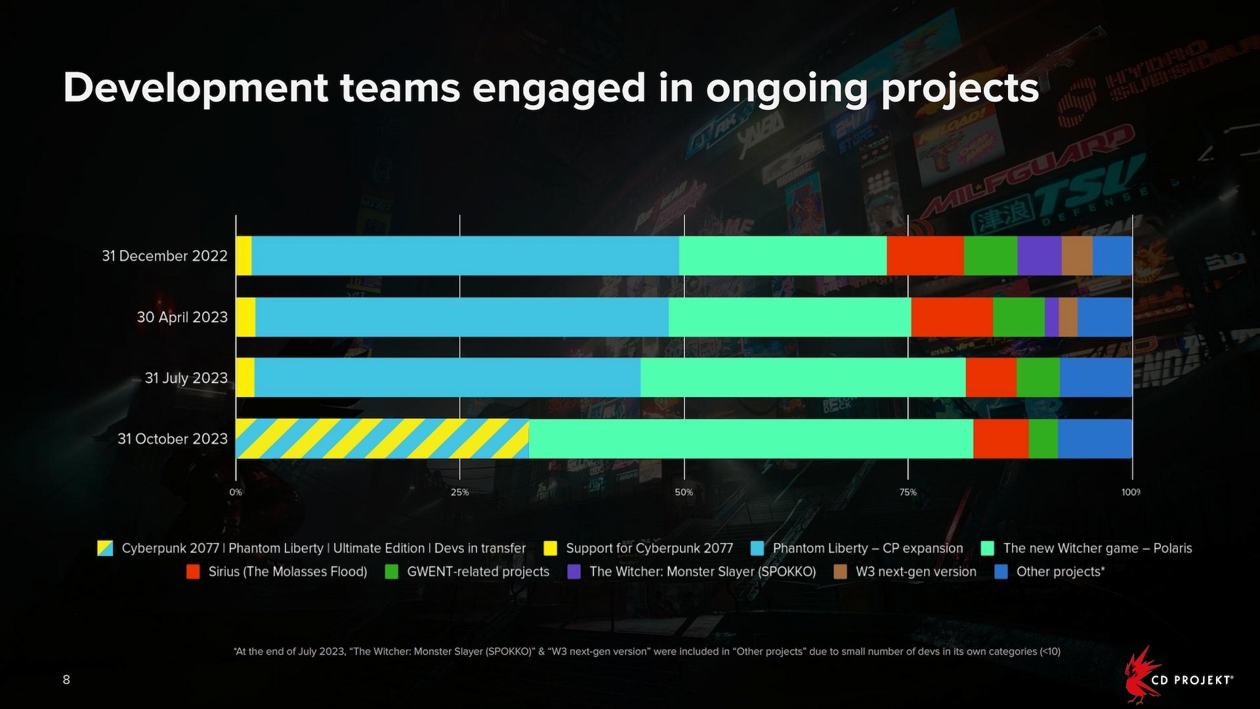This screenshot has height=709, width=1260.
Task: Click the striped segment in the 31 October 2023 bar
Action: (x=382, y=439)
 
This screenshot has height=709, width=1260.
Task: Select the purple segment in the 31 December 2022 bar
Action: (x=1039, y=255)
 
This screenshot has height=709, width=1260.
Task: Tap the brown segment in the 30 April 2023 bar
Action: (x=1068, y=317)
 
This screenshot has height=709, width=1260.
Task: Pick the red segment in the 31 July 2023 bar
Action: (x=991, y=377)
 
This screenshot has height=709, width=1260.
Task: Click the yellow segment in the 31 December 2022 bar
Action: (x=243, y=255)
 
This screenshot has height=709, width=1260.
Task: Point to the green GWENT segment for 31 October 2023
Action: (x=1043, y=439)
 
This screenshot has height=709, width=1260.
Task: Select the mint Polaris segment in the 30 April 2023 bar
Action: (x=789, y=317)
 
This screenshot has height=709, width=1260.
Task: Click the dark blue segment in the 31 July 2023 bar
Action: (x=1095, y=377)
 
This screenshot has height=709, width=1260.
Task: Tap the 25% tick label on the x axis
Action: (x=459, y=492)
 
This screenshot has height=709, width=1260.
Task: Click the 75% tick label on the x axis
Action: (x=908, y=492)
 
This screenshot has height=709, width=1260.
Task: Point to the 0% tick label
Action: (x=236, y=492)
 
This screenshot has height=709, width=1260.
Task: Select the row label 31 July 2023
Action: (x=186, y=378)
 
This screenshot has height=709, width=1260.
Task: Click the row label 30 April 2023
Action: (x=182, y=317)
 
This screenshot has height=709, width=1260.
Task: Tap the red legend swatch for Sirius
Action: (x=193, y=572)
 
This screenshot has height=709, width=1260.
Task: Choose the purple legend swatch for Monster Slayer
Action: (x=574, y=572)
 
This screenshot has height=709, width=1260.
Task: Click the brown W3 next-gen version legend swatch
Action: (x=840, y=572)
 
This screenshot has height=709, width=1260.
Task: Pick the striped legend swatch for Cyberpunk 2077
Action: (x=105, y=548)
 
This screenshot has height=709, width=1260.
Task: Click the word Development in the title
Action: (x=196, y=88)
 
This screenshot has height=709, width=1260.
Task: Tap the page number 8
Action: (x=66, y=679)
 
